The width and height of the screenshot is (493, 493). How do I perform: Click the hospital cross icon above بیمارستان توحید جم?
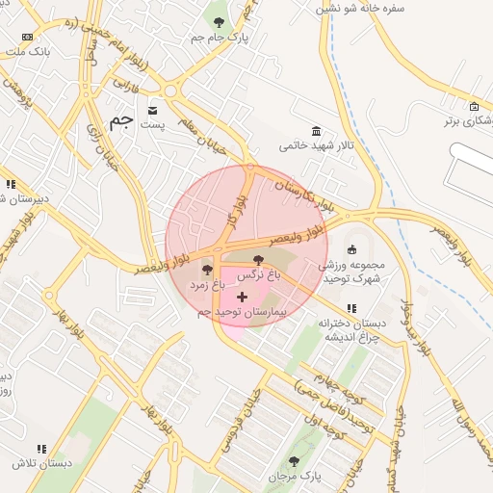coord(241,298)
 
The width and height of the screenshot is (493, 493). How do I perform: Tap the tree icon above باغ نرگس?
coord(257,260)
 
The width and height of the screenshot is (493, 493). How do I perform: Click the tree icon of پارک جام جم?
coord(219,22)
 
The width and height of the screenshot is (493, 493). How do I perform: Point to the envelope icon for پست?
coord(153,110)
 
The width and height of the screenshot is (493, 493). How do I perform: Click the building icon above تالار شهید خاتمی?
coord(316,131)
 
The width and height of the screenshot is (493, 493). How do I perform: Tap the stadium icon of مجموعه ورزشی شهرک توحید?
coord(350,249)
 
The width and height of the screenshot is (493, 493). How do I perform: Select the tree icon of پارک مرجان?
coord(295,461)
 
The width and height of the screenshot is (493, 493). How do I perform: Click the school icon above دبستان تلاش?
coord(40,449)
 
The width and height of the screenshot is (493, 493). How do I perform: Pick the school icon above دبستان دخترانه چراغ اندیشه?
coord(350,308)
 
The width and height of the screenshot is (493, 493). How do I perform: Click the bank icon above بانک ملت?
coord(26,37)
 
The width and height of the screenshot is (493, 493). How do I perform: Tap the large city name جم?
coord(120,121)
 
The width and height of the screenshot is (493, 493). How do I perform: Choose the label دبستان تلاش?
coord(32,463)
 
